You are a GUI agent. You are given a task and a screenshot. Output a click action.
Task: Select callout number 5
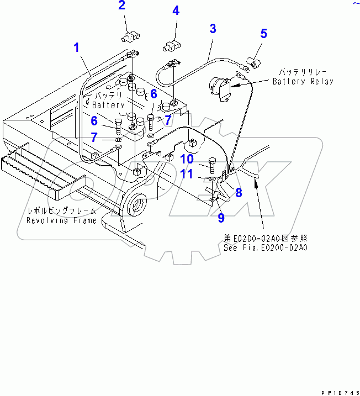[x=263, y=34]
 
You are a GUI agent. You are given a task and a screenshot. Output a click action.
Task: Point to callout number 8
[x=239, y=192]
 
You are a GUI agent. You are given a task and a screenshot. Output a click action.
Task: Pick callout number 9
[x=221, y=218]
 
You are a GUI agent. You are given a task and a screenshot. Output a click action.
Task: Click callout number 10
[x=187, y=160]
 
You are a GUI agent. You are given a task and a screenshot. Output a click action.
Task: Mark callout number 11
[x=187, y=176]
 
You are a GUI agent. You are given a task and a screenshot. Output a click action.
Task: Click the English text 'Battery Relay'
[x=303, y=82]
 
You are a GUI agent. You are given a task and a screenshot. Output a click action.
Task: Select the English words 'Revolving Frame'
[x=61, y=220]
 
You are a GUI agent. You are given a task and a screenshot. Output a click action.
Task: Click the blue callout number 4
[x=175, y=10]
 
